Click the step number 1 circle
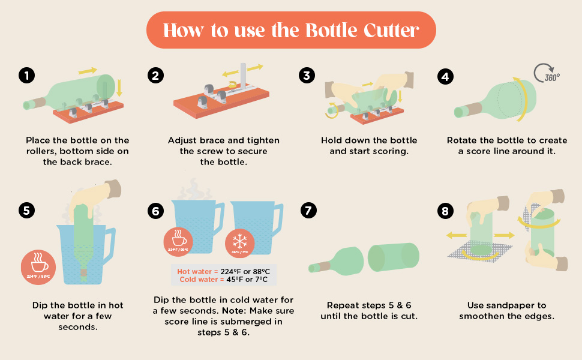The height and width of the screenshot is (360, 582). coord(26,76)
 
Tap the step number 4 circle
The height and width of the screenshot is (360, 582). coord(445,76)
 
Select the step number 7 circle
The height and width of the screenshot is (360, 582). coord(308,211)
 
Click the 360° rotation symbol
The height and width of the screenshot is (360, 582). coord(546,74)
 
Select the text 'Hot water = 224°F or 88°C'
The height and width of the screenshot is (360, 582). coord(223,271)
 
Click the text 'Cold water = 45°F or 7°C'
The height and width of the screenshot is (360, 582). coord(223,280)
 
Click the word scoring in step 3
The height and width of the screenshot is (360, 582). coord(391,151)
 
